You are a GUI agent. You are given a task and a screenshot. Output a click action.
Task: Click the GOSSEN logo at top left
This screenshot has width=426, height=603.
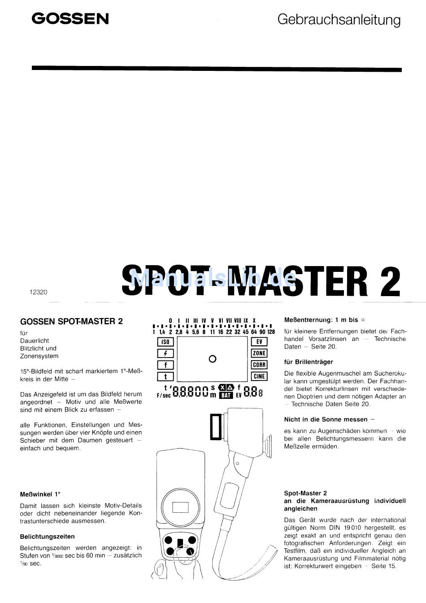[70, 19]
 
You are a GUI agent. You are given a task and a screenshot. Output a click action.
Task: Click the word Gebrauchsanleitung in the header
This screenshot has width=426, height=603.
[339, 20]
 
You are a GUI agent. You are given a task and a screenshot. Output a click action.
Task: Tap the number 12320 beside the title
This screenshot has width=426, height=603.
[38, 292]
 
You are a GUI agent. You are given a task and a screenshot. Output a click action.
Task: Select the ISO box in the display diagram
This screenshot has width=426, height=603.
[165, 342]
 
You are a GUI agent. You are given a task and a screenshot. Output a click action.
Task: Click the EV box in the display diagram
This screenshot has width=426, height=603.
[259, 342]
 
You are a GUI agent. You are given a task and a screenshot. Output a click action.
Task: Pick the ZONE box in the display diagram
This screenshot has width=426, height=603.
[259, 353]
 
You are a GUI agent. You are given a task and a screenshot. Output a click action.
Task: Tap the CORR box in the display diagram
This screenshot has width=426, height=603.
[259, 365]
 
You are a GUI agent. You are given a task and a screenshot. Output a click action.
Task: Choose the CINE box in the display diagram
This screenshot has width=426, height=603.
[259, 376]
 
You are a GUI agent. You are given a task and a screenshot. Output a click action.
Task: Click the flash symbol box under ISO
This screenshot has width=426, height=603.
[165, 354]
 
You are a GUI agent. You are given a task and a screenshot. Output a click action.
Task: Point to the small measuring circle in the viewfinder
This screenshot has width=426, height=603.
[213, 358]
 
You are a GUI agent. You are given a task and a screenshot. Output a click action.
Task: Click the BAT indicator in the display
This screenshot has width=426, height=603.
[226, 395]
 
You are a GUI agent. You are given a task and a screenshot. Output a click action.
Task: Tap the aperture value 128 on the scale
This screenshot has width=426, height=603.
[271, 332]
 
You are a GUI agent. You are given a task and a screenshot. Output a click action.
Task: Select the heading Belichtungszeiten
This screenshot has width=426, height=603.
[47, 537]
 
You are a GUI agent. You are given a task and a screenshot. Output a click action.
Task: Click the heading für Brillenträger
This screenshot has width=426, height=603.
[309, 362]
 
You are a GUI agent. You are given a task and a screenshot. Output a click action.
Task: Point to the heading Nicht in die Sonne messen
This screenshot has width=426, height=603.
[329, 419]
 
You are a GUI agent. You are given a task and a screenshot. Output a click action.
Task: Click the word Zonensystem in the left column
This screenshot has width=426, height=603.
[39, 356]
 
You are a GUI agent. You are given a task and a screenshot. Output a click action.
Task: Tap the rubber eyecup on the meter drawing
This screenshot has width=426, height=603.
[267, 444]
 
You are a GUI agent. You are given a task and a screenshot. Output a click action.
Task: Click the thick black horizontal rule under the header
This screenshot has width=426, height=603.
[217, 70]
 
